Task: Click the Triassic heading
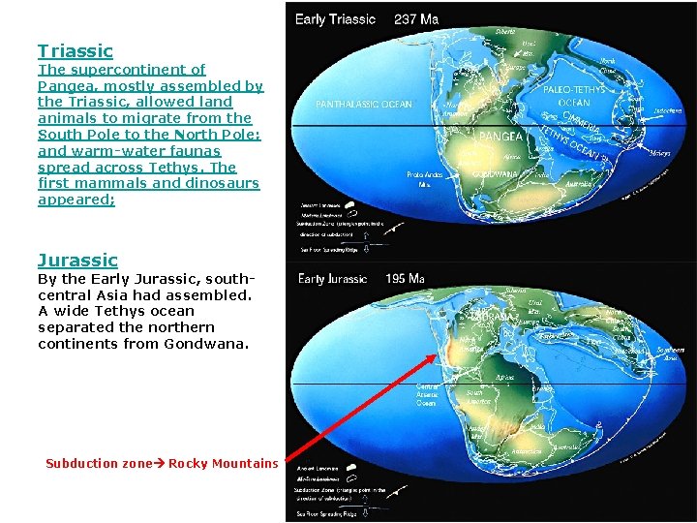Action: coord(76,51)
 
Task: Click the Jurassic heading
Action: coord(77,260)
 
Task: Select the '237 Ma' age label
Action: coord(416,19)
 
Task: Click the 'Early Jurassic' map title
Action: coord(333,279)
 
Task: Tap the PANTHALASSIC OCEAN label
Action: coord(364,105)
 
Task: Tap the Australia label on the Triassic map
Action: coord(582,181)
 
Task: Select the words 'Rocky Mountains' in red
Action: coord(223,464)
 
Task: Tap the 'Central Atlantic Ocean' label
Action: coord(428,394)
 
